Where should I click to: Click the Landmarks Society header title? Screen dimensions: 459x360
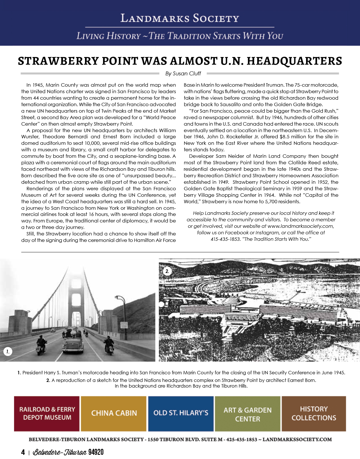[180, 18]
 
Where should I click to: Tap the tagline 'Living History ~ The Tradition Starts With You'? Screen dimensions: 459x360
[180, 36]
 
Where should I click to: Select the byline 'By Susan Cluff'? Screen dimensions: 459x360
[183, 74]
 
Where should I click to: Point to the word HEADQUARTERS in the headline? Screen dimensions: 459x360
[294, 61]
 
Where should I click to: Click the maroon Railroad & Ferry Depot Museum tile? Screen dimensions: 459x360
[47, 414]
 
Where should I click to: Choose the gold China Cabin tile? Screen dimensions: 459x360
[114, 414]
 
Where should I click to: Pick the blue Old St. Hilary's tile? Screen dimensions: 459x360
[181, 414]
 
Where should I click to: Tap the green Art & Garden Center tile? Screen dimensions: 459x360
[248, 414]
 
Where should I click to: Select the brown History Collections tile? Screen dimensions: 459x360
[314, 414]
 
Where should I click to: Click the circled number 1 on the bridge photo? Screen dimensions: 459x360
[8, 352]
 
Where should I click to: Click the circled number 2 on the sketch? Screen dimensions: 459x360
[167, 271]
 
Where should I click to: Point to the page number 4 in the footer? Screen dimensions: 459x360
[23, 452]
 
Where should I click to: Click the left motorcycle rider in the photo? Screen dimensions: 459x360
[41, 345]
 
